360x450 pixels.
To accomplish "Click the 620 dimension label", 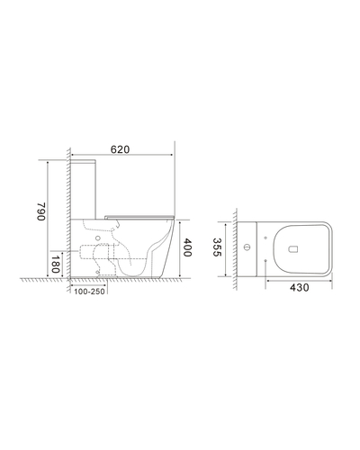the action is pos(120,149).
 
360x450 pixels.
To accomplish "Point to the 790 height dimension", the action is pos(41,211).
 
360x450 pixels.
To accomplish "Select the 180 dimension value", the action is pos(54,265).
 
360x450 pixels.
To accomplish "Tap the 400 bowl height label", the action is pos(186,247).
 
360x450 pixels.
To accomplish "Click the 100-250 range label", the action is pos(89,292).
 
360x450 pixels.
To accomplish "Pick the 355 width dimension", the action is pos(217,247).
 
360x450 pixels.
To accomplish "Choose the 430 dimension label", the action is pos(299,287).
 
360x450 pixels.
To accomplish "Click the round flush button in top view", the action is pos(247,247).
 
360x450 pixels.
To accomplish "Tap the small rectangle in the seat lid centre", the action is pos(293,248).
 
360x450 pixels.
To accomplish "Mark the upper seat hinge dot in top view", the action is pos(265,238).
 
